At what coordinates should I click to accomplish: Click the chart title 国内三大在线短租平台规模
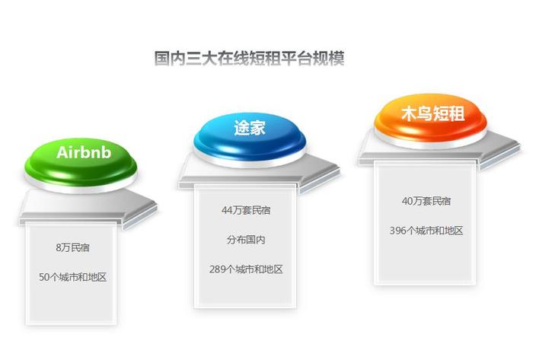(x=249, y=58)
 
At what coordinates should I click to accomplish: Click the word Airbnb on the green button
(x=84, y=152)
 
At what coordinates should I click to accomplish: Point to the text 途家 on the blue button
(x=250, y=128)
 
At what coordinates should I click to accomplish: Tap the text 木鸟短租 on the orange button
(x=433, y=113)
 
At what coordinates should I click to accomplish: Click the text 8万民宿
(x=73, y=247)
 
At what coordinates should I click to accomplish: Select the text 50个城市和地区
(x=73, y=277)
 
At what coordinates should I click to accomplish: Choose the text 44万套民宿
(x=246, y=210)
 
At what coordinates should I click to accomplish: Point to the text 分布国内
(x=246, y=240)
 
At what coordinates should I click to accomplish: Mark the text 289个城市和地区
(x=246, y=269)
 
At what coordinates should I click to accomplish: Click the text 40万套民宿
(x=426, y=201)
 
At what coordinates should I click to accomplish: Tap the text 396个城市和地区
(x=426, y=231)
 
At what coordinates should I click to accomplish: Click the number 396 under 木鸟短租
(x=397, y=231)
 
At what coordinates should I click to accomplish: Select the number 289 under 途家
(x=217, y=269)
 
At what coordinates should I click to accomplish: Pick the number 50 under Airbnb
(x=44, y=278)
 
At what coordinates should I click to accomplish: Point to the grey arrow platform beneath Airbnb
(x=88, y=209)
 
